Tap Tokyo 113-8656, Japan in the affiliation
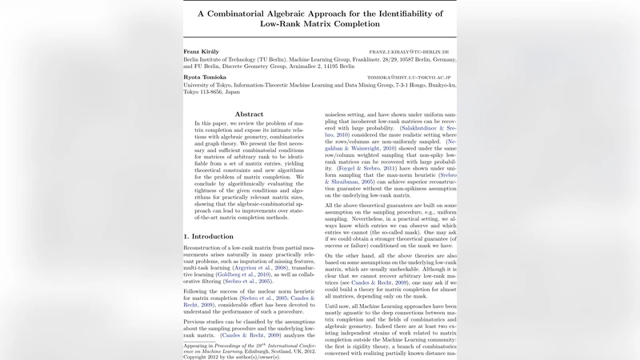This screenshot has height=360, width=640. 211,92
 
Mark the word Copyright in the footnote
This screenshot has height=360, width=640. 198,358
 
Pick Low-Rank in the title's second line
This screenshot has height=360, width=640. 286,25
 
